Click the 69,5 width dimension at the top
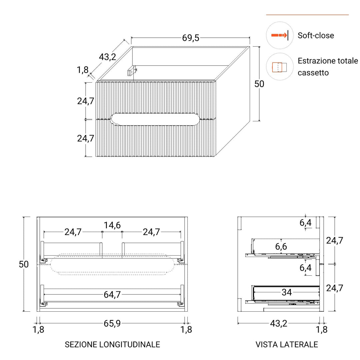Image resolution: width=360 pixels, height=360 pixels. tap(191, 38)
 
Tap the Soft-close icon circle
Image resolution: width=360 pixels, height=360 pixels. tap(280, 35)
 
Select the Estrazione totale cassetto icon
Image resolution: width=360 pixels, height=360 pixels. tap(280, 67)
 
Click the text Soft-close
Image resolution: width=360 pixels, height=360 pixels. tap(316, 35)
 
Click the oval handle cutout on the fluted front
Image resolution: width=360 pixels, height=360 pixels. tap(155, 119)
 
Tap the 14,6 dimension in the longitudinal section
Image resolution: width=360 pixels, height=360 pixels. tap(112, 225)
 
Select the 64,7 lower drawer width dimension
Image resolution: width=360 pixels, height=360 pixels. tap(112, 295)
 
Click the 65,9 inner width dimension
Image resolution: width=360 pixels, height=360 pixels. tap(112, 323)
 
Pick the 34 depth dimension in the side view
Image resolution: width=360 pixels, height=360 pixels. tap(287, 292)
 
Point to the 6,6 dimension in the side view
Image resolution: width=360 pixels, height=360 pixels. tap(281, 247)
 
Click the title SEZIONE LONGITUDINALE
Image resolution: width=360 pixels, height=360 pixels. tap(112, 344)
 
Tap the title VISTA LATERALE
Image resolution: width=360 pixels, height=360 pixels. tap(287, 344)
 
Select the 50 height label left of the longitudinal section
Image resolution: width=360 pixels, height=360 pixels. tap(24, 264)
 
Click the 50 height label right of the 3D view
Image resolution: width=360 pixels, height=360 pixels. tap(259, 84)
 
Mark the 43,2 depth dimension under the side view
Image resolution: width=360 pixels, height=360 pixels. tap(278, 323)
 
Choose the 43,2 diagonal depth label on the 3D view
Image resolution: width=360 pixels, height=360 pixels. tap(107, 57)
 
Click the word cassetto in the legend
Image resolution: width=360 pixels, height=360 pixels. tap(313, 73)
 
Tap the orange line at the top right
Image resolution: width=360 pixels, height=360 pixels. tap(307, 15)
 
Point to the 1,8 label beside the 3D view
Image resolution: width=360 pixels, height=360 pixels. tap(83, 70)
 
